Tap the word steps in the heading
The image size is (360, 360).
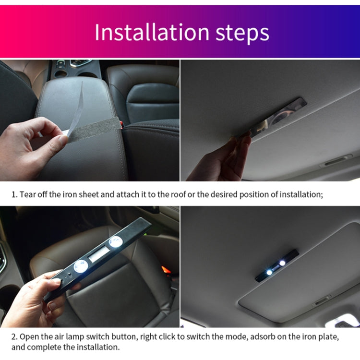coord(237,33)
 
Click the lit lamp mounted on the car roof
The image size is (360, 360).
coord(276,265)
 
